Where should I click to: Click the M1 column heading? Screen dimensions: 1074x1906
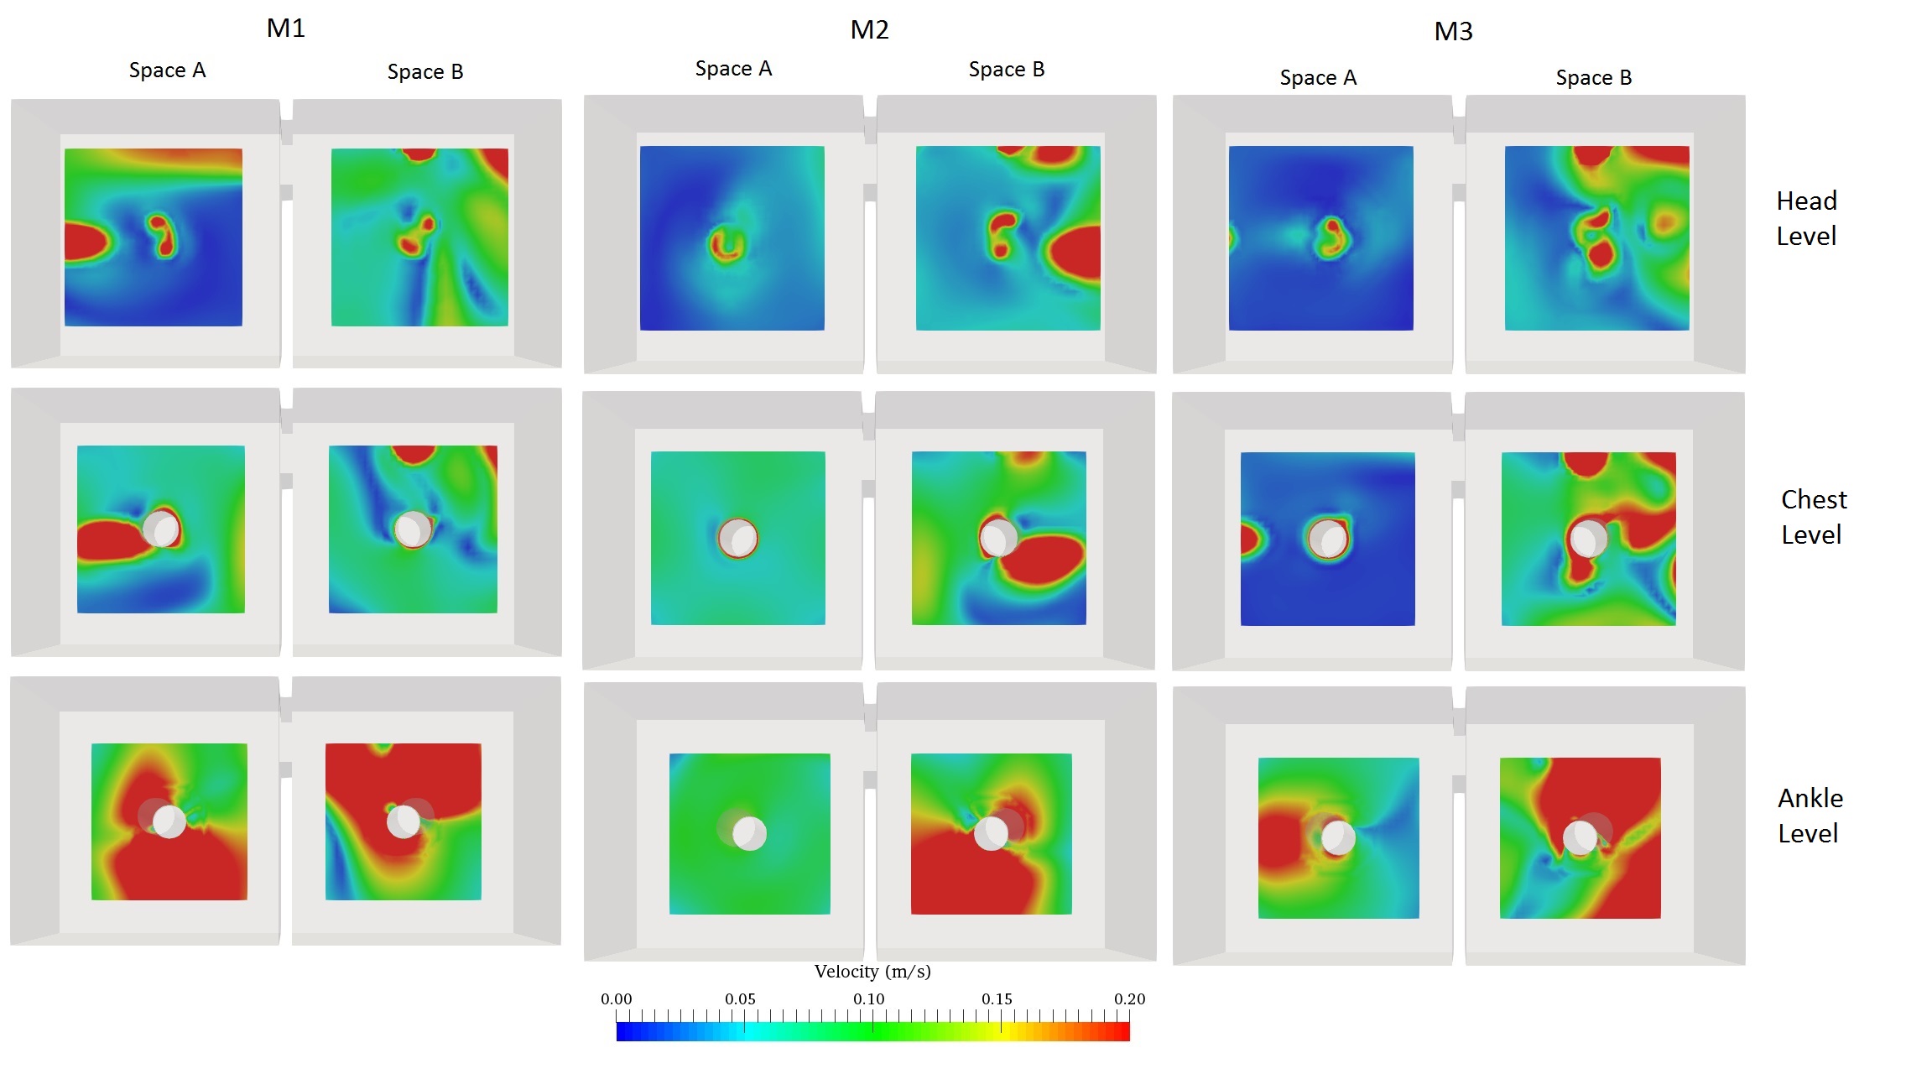285,29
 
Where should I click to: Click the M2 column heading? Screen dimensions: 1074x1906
869,30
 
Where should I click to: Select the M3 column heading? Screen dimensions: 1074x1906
1453,32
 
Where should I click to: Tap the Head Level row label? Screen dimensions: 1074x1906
1806,218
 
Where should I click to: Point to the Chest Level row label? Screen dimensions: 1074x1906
1813,517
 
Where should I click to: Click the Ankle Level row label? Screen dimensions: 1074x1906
1810,816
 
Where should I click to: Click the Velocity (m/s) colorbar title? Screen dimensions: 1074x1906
872,972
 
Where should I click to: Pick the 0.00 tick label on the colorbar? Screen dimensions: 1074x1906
616,999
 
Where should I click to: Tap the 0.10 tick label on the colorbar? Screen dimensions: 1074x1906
869,999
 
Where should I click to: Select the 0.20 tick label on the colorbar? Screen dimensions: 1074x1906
1129,999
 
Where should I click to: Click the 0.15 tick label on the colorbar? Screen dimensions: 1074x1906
997,999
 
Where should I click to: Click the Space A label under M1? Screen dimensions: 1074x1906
167,70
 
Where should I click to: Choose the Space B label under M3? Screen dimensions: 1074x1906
1593,78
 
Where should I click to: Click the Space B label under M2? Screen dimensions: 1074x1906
1006,70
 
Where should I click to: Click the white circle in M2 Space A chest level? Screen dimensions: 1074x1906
738,539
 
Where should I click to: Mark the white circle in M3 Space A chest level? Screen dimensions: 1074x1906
1328,539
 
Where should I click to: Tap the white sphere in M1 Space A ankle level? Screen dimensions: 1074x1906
169,821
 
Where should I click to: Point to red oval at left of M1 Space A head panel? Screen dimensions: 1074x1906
86,242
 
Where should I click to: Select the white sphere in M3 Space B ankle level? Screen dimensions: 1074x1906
1581,837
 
